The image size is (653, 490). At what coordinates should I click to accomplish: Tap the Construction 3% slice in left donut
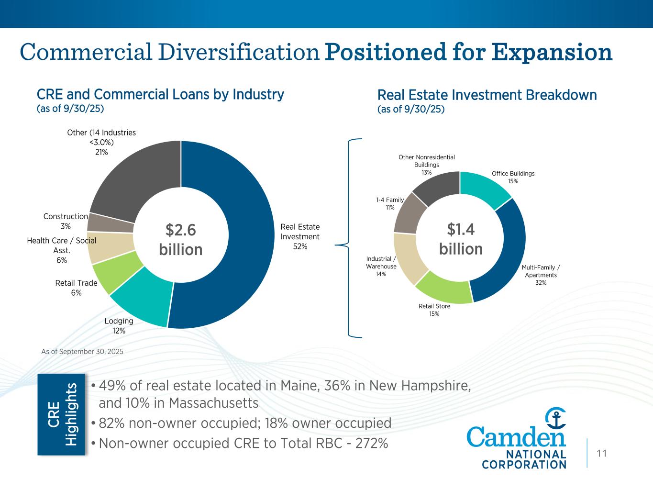(111, 223)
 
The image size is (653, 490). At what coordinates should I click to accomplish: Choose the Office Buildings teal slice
(484, 188)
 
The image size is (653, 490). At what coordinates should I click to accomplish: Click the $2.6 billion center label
(181, 240)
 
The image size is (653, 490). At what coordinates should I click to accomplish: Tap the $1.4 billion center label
(461, 239)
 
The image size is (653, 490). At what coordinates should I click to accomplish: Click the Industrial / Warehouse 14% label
(381, 267)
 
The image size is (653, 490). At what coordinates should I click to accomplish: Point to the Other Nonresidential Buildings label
(427, 165)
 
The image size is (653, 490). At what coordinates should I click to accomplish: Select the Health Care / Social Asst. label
(62, 250)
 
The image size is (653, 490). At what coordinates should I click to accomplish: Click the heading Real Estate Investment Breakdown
(487, 95)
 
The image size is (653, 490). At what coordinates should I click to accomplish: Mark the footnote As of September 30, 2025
(82, 351)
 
